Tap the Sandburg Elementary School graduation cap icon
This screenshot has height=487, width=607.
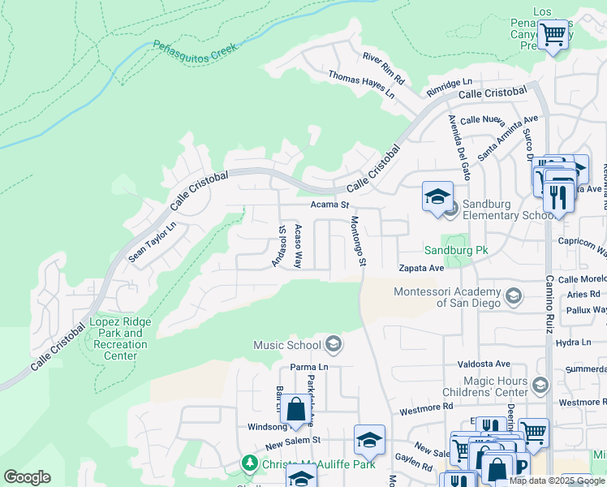click(437, 197)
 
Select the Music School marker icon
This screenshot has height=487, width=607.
click(333, 345)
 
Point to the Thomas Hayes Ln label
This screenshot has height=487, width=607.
click(361, 84)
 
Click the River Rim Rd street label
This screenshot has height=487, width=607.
click(383, 69)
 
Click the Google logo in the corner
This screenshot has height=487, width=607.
click(27, 477)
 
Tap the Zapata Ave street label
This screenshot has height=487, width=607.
click(421, 268)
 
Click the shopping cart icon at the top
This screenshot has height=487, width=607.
click(553, 35)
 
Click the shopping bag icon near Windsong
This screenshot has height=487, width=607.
click(295, 409)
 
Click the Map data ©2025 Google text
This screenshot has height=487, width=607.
click(557, 481)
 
